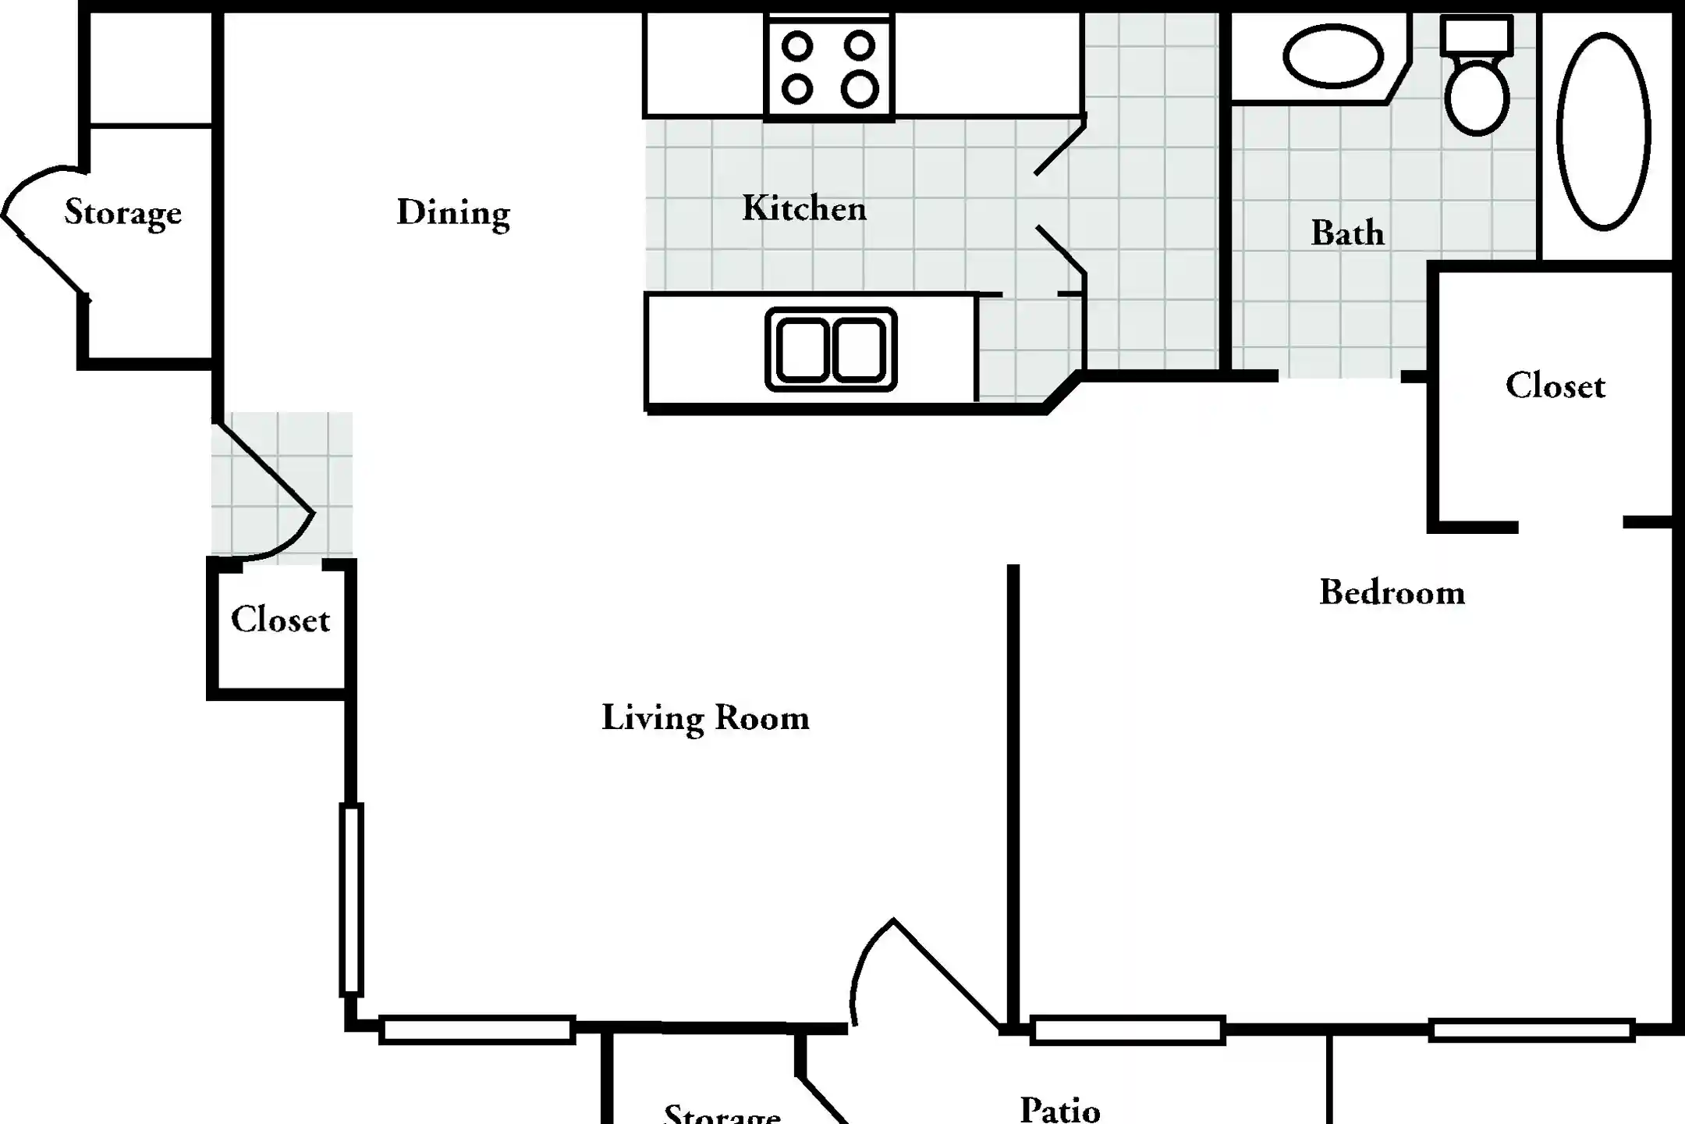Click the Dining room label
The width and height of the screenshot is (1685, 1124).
[453, 212]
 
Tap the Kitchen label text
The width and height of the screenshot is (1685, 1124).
[803, 208]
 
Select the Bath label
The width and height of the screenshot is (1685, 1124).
[1347, 233]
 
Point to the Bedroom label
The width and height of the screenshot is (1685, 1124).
[1392, 592]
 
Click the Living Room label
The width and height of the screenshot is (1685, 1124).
[705, 718]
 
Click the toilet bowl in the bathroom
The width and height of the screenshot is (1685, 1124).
[1476, 98]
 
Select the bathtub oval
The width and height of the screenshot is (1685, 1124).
[1603, 131]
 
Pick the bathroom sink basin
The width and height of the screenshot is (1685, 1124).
[1332, 56]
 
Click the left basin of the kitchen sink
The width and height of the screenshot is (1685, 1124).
[802, 350]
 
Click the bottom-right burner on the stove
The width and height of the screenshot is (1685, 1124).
[859, 88]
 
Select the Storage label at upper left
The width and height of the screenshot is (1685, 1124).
[122, 212]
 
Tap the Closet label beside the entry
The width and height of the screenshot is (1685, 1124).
[280, 620]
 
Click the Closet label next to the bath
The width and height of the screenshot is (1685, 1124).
[1555, 386]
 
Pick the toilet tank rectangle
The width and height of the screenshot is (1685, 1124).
[1476, 35]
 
